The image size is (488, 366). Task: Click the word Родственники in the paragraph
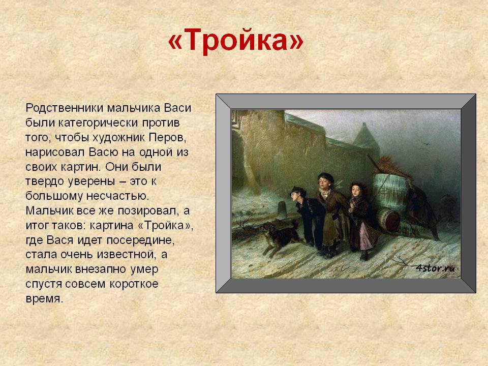(65, 108)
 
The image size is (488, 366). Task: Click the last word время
(44, 299)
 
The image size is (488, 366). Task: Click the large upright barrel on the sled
(390, 192)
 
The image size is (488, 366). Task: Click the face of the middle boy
(323, 182)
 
